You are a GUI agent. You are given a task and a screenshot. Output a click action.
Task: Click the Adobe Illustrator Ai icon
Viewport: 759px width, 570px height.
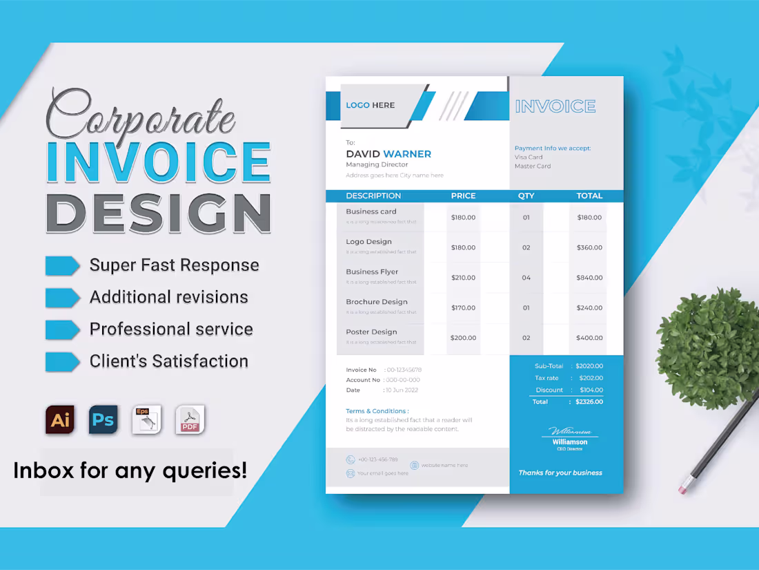[x=60, y=420]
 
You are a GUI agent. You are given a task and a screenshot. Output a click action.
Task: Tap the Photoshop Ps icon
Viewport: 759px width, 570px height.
[x=103, y=420]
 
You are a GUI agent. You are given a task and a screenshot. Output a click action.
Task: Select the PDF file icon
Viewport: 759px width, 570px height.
[x=190, y=420]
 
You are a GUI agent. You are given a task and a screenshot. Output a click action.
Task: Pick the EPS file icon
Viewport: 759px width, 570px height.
[x=146, y=420]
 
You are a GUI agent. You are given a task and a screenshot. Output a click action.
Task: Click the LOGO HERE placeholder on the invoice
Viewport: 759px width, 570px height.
[x=371, y=105]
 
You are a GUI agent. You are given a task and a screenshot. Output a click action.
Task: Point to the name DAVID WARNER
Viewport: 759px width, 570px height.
[x=388, y=154]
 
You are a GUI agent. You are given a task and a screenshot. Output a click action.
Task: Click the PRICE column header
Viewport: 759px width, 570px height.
[x=463, y=196]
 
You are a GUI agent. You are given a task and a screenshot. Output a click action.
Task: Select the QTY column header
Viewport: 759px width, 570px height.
[x=526, y=196]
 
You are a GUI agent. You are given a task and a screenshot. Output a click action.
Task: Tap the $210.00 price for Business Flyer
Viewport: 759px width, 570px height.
[x=463, y=278]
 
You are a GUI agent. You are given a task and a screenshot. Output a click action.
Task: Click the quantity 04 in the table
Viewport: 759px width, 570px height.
[x=526, y=278]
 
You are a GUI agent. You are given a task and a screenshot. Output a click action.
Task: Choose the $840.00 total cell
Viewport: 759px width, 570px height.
[x=589, y=278]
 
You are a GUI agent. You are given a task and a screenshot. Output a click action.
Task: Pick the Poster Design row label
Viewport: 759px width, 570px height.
[x=371, y=332]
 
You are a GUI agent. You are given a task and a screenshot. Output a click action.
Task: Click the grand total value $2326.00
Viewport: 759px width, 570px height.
[x=589, y=402]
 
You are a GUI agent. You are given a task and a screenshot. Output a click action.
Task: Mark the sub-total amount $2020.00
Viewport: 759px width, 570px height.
[x=589, y=366]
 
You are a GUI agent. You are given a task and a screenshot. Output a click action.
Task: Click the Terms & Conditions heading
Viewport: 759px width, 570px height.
[x=377, y=411]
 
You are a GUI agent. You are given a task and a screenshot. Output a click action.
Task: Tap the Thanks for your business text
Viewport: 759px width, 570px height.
[x=560, y=473]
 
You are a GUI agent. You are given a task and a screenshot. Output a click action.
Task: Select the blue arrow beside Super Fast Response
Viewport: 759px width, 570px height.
[x=62, y=265]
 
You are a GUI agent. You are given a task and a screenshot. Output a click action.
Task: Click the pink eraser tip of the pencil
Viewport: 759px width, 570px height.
[x=683, y=488]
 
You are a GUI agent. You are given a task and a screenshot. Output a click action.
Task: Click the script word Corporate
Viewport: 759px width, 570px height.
[x=141, y=114]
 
